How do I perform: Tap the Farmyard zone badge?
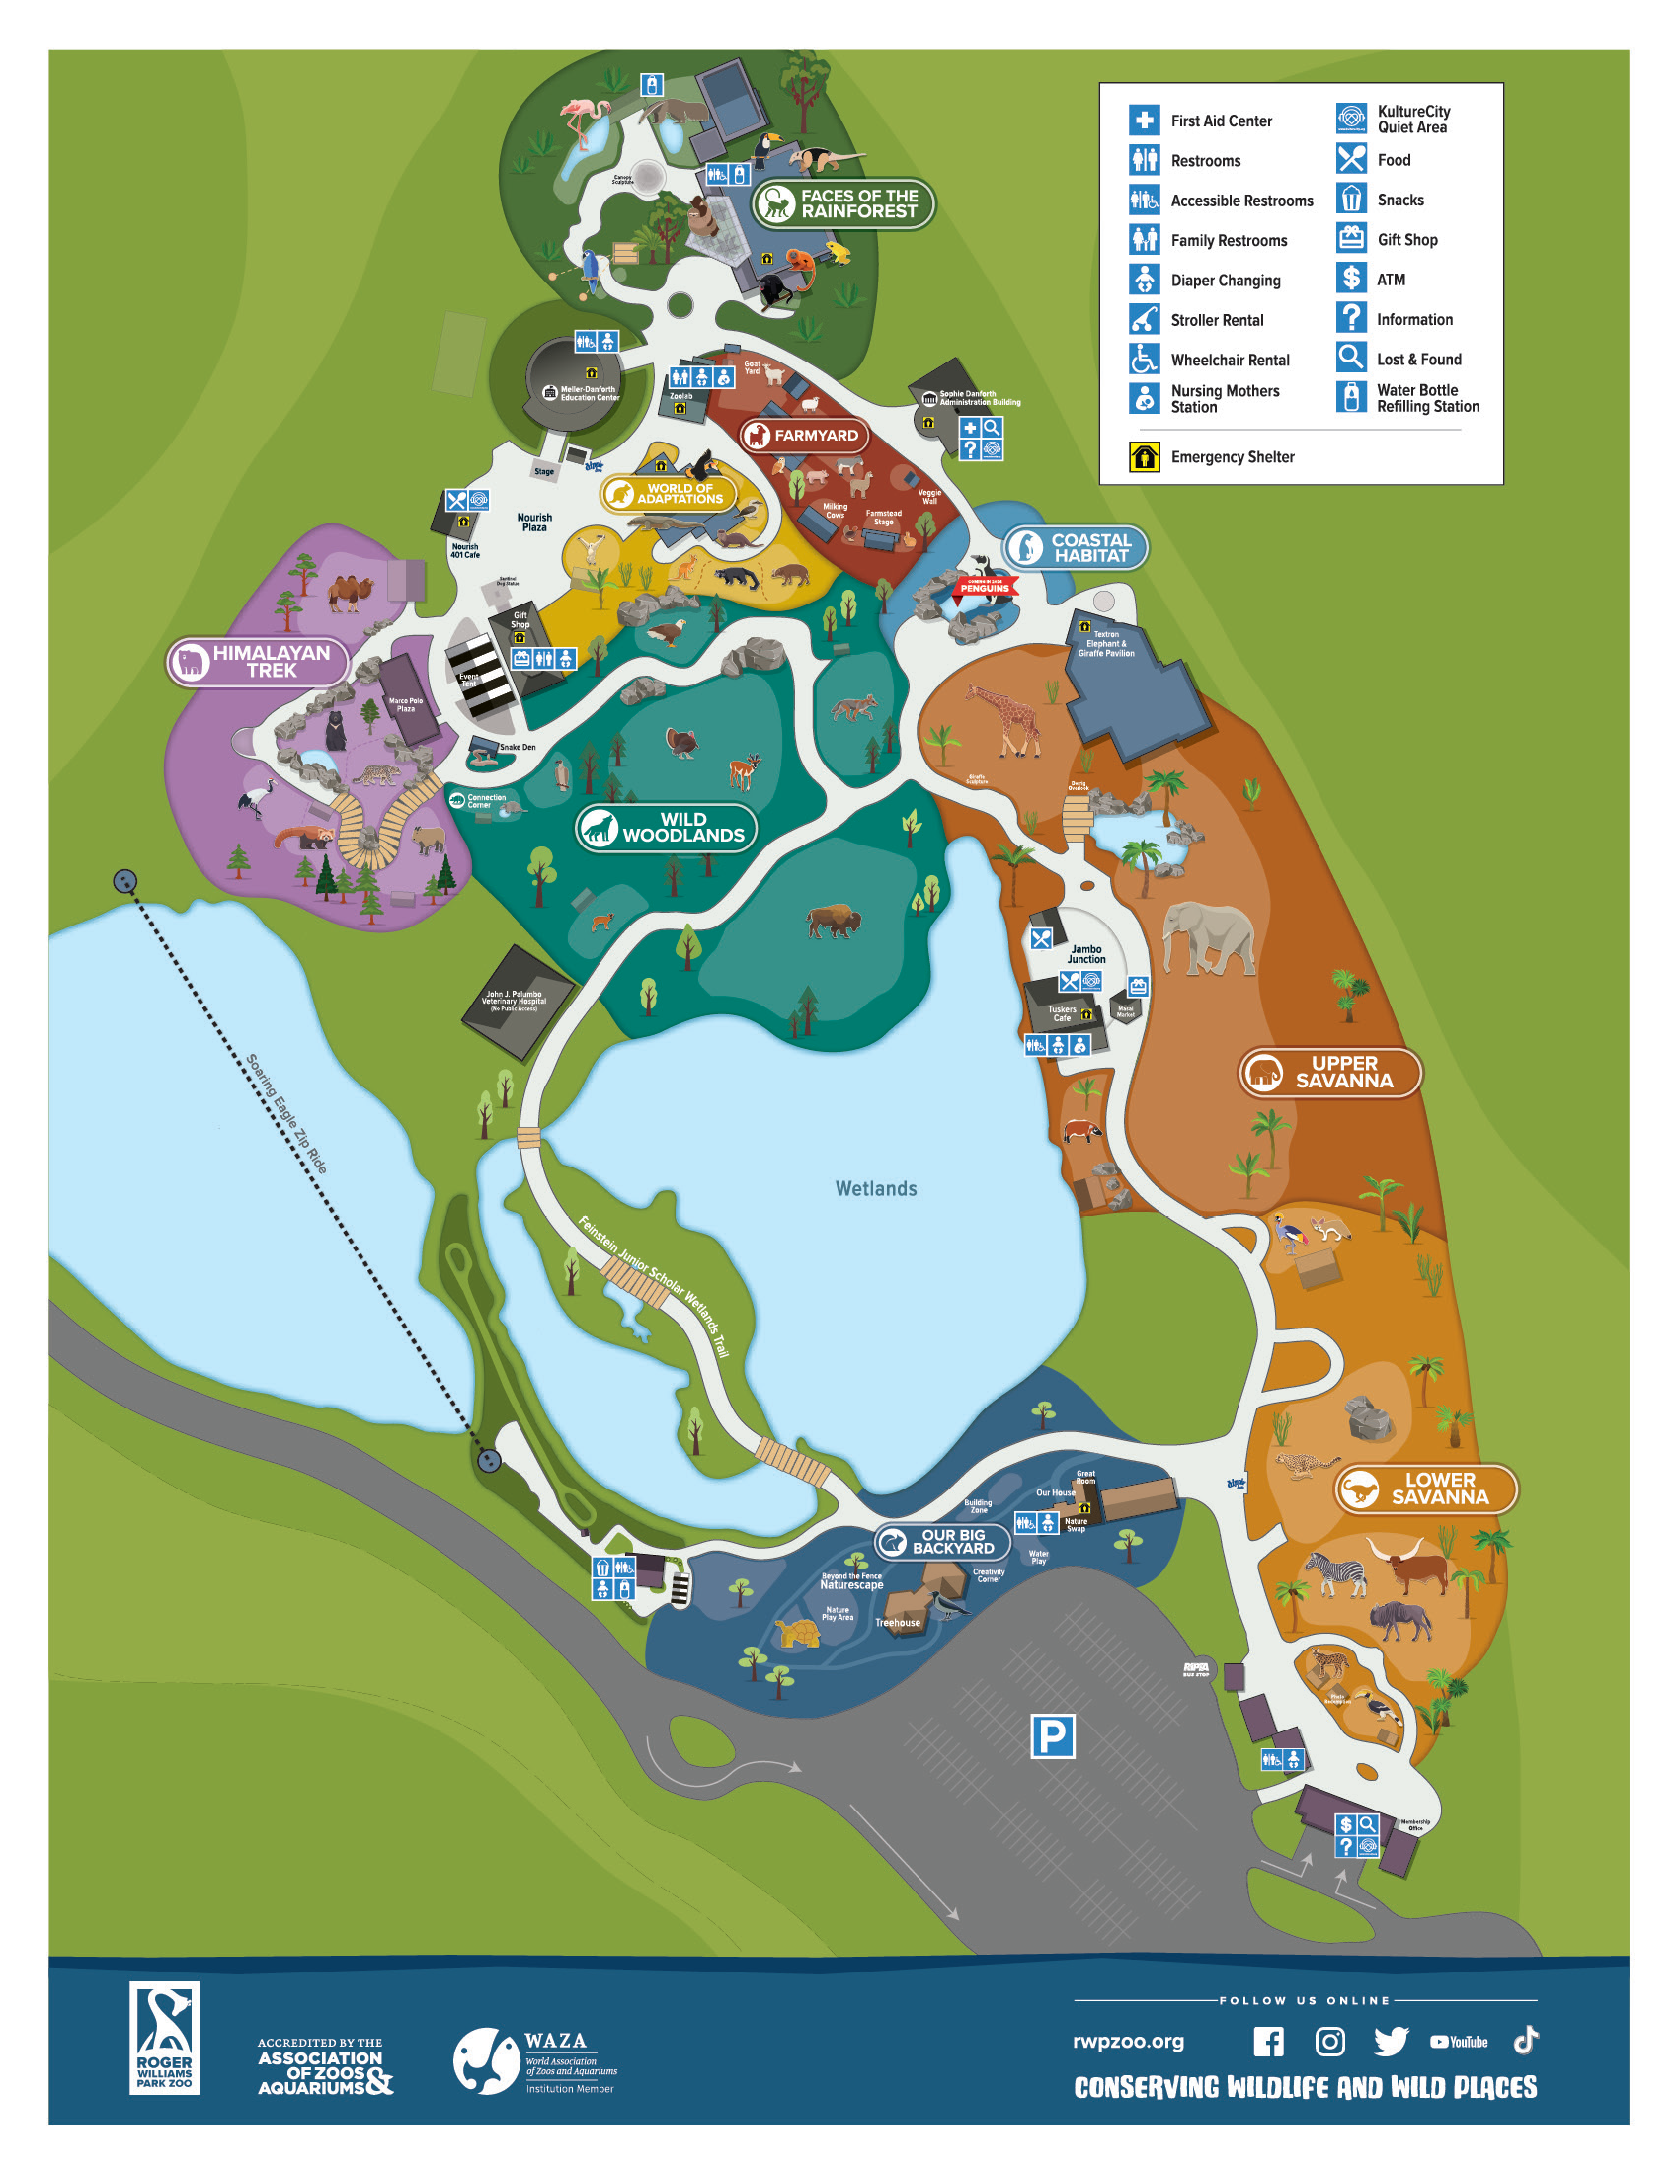805,435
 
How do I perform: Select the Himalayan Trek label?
258,661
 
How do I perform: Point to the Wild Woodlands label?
666,827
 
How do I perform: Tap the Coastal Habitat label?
1075,547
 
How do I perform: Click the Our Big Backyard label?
941,1541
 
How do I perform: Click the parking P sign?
1052,1736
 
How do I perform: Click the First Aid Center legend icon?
1144,121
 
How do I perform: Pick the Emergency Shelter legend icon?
1144,456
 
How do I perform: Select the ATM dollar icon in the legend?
1350,279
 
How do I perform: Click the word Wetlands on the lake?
875,1188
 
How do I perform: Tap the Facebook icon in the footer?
1267,2042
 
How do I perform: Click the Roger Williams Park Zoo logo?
164,2038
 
